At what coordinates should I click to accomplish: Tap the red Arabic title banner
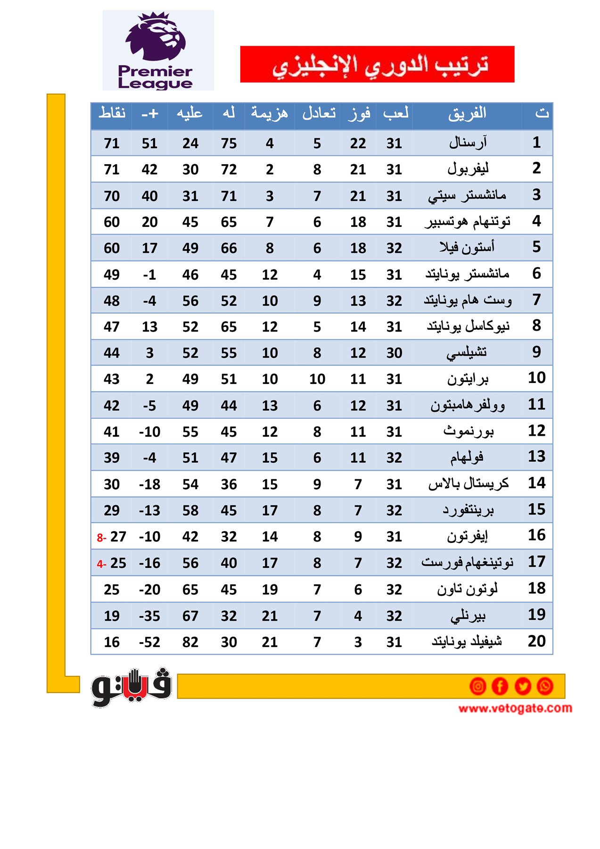tap(377, 64)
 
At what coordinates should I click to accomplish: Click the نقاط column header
tap(112, 114)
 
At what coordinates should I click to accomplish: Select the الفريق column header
tap(467, 114)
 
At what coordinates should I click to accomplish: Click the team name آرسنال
tap(468, 142)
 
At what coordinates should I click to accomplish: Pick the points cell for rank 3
tap(112, 196)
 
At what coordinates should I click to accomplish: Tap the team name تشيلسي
tap(467, 352)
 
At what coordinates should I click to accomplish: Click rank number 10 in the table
tap(536, 378)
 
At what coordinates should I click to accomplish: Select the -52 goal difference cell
tap(149, 642)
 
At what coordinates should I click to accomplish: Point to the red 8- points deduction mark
tap(101, 538)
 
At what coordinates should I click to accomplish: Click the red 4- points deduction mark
tap(101, 564)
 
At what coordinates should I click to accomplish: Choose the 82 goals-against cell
tap(190, 642)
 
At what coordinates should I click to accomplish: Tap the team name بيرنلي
tap(468, 616)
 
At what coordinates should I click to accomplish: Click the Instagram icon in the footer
tap(477, 686)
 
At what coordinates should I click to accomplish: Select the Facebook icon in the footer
tap(500, 686)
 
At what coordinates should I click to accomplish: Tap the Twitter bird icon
tap(523, 686)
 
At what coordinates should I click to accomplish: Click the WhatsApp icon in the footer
tap(545, 686)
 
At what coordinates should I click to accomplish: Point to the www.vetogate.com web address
tap(515, 708)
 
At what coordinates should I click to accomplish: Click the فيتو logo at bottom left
tap(131, 687)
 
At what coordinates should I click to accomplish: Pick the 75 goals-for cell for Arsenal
tap(229, 143)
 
